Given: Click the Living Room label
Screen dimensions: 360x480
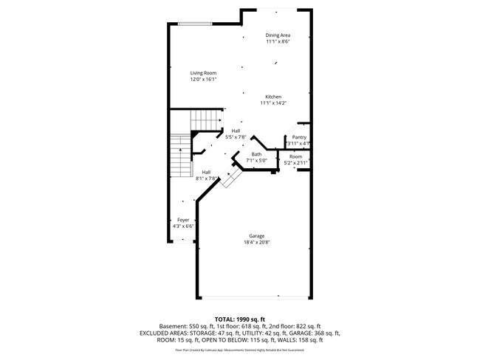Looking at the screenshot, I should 203,72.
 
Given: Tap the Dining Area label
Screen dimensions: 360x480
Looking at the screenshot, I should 278,35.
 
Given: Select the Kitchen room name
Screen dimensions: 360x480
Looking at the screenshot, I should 272,97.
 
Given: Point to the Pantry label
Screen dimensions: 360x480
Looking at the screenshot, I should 299,137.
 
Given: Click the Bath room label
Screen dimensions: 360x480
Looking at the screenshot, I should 256,154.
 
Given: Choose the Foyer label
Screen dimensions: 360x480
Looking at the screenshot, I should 183,220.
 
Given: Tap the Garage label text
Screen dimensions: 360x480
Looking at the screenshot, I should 256,236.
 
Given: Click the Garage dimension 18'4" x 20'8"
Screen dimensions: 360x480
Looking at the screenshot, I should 256,243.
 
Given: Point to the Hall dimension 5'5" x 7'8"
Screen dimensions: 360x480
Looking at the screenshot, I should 236,136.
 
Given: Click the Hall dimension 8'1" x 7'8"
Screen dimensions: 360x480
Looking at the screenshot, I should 207,179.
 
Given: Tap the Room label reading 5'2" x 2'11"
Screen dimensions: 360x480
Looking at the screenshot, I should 295,163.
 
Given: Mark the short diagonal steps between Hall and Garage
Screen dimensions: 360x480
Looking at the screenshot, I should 231,180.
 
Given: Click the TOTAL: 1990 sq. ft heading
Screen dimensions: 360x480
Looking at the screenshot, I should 240,318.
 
